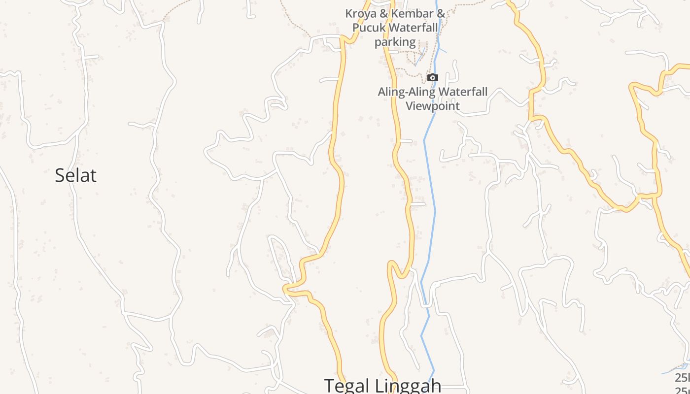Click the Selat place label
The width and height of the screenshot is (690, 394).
pyautogui.click(x=75, y=175)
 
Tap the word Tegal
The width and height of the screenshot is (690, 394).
pyautogui.click(x=347, y=385)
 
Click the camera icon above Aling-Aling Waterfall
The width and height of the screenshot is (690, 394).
pyautogui.click(x=432, y=77)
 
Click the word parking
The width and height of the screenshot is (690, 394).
pyautogui.click(x=395, y=42)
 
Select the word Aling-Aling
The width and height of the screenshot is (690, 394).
pyautogui.click(x=407, y=92)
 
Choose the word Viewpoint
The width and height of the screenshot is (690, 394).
pyautogui.click(x=432, y=105)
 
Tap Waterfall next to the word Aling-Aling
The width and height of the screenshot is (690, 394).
pyautogui.click(x=463, y=92)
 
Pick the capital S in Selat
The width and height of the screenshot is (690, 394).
pyautogui.click(x=60, y=175)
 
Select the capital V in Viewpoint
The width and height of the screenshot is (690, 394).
pyautogui.click(x=409, y=105)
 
